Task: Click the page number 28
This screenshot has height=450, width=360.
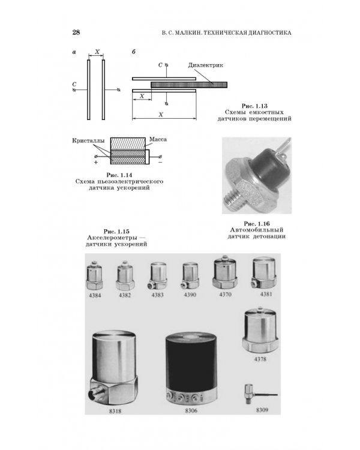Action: tap(76, 32)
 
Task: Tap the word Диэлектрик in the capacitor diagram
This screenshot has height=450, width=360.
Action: tap(206, 65)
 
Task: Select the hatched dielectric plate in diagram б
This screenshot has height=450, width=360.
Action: tap(189, 85)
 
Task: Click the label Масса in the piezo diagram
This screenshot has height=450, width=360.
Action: tap(158, 139)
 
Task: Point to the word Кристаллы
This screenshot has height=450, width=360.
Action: tap(88, 140)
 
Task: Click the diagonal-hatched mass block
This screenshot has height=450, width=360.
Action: tap(128, 143)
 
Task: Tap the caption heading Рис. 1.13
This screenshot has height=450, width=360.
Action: tap(254, 106)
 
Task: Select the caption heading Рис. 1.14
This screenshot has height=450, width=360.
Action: tap(119, 175)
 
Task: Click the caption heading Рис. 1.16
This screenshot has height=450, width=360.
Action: tap(257, 224)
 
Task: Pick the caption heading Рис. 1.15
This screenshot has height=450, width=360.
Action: tap(116, 232)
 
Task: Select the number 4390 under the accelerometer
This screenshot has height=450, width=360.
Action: tap(190, 295)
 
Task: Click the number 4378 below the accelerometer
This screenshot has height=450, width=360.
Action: tap(260, 359)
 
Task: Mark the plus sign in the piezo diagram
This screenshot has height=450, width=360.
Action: tap(96, 162)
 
